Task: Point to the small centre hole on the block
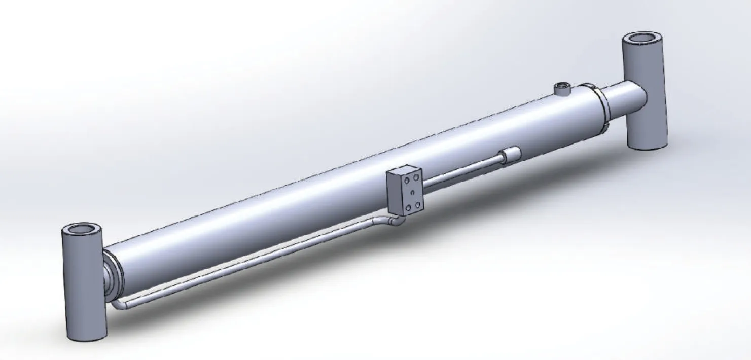point(412,192)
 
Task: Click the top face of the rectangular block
point(401,170)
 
